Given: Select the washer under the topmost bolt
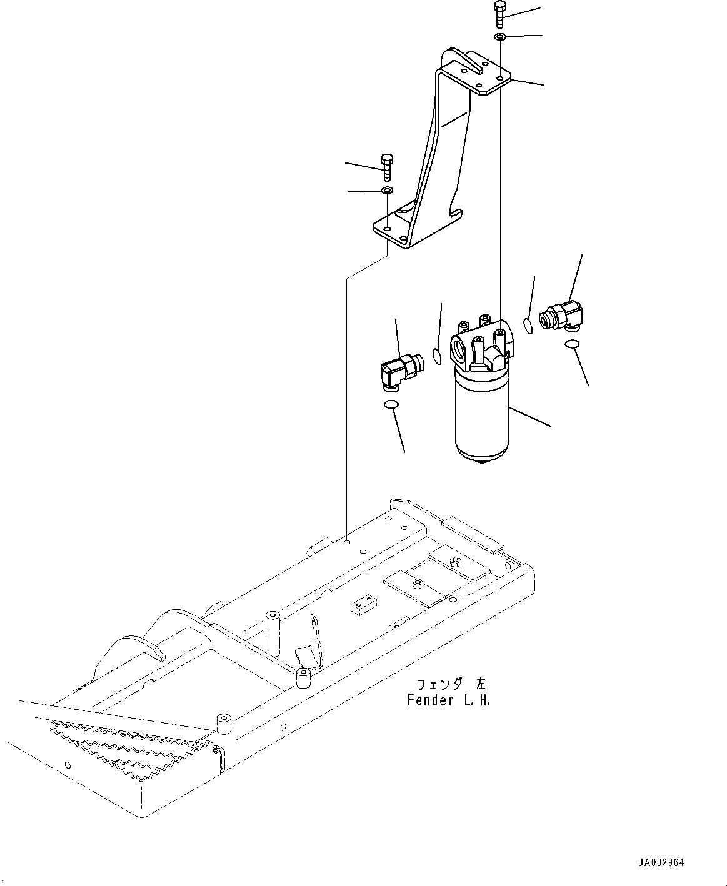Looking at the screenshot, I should tap(500, 38).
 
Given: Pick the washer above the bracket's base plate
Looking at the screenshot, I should tap(387, 189).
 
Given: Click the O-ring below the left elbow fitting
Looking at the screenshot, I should tap(391, 405).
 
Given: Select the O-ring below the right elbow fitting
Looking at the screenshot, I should tap(571, 344).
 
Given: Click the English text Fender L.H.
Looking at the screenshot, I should tap(449, 700).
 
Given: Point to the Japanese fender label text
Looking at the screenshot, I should tap(449, 685).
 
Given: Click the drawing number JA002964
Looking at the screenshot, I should tap(661, 863).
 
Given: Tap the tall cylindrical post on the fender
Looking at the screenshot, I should tap(273, 632).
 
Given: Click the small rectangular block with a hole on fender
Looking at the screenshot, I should tap(361, 607).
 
